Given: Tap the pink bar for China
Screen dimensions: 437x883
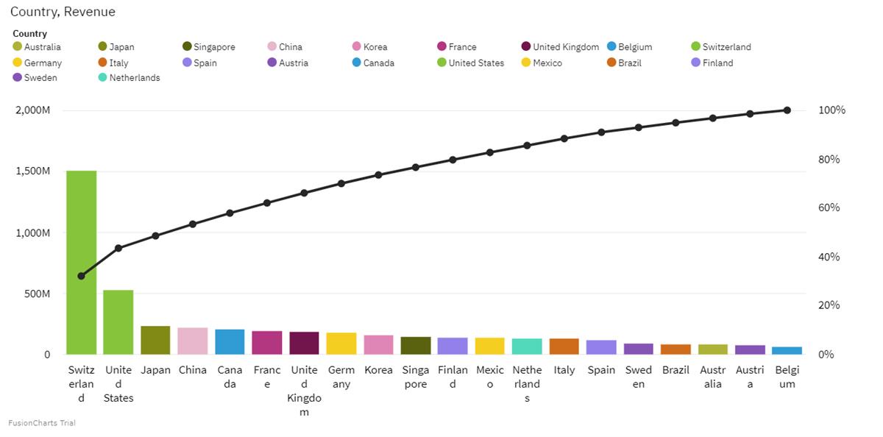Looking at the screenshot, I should tap(193, 341).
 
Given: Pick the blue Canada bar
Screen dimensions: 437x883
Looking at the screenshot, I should tap(230, 342).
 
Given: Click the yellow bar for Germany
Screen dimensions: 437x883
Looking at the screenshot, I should tap(341, 344).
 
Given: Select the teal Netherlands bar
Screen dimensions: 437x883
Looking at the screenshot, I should tap(527, 347).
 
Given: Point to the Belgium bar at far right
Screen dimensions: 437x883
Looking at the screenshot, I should tap(787, 351).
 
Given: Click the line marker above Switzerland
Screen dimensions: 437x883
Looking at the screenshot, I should tap(81, 276).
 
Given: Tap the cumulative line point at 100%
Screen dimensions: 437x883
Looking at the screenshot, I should tap(787, 110).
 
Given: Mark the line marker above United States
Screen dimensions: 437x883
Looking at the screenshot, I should tap(118, 248).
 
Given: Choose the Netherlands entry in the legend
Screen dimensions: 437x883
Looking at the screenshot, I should tap(134, 78).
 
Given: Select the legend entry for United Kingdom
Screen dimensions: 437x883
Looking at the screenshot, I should tap(565, 47).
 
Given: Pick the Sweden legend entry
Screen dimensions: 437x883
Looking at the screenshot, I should tap(40, 78).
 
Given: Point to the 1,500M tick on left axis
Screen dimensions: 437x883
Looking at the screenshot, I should tap(33, 171).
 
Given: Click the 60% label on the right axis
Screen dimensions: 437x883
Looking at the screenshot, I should tap(829, 208).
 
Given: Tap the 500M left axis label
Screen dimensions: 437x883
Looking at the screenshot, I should tap(36, 294).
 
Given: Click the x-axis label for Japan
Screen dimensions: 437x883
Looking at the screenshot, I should tap(155, 370).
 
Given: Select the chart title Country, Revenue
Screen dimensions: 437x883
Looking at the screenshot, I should tap(63, 12).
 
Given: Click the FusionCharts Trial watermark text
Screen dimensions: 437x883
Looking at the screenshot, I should tap(42, 423).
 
